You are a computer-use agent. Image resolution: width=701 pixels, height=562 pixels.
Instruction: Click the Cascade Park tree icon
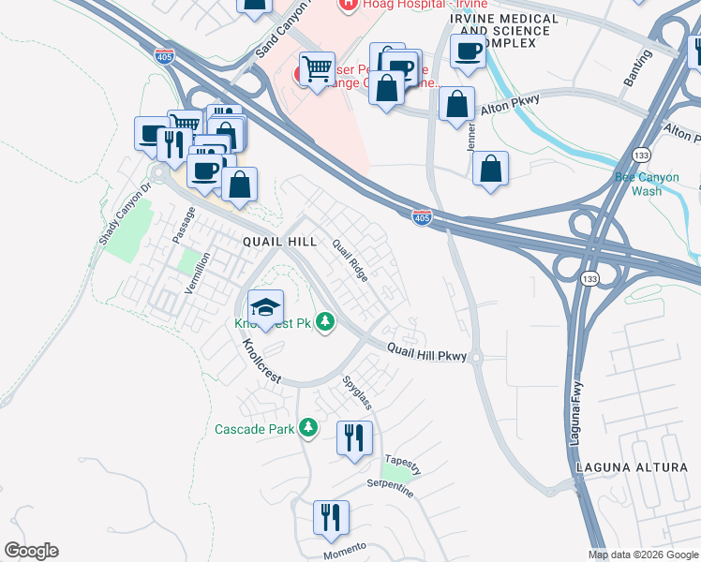tap(307, 429)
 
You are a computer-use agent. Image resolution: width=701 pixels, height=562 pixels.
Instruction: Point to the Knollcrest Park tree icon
tap(325, 323)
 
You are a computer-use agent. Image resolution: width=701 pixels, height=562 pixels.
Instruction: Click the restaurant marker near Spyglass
tap(354, 438)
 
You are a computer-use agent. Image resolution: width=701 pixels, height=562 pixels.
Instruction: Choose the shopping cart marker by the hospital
tap(317, 68)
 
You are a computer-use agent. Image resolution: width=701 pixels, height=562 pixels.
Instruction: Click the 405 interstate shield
tap(423, 217)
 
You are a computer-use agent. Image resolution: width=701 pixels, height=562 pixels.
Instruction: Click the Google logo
tap(31, 551)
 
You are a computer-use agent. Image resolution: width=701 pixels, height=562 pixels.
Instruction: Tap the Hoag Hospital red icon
tap(348, 5)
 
